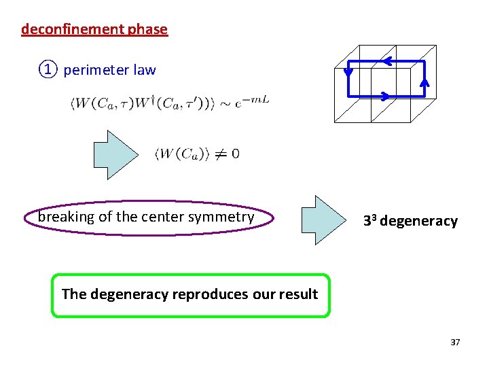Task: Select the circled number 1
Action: point(48,69)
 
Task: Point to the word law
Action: point(145,70)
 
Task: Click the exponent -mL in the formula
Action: point(259,100)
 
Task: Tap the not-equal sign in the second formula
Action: point(221,154)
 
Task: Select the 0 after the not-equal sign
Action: point(235,154)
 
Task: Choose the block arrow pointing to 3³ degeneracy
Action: point(321,220)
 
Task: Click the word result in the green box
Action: point(297,294)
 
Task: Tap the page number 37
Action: point(455,342)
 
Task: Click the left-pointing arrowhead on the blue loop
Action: point(386,62)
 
